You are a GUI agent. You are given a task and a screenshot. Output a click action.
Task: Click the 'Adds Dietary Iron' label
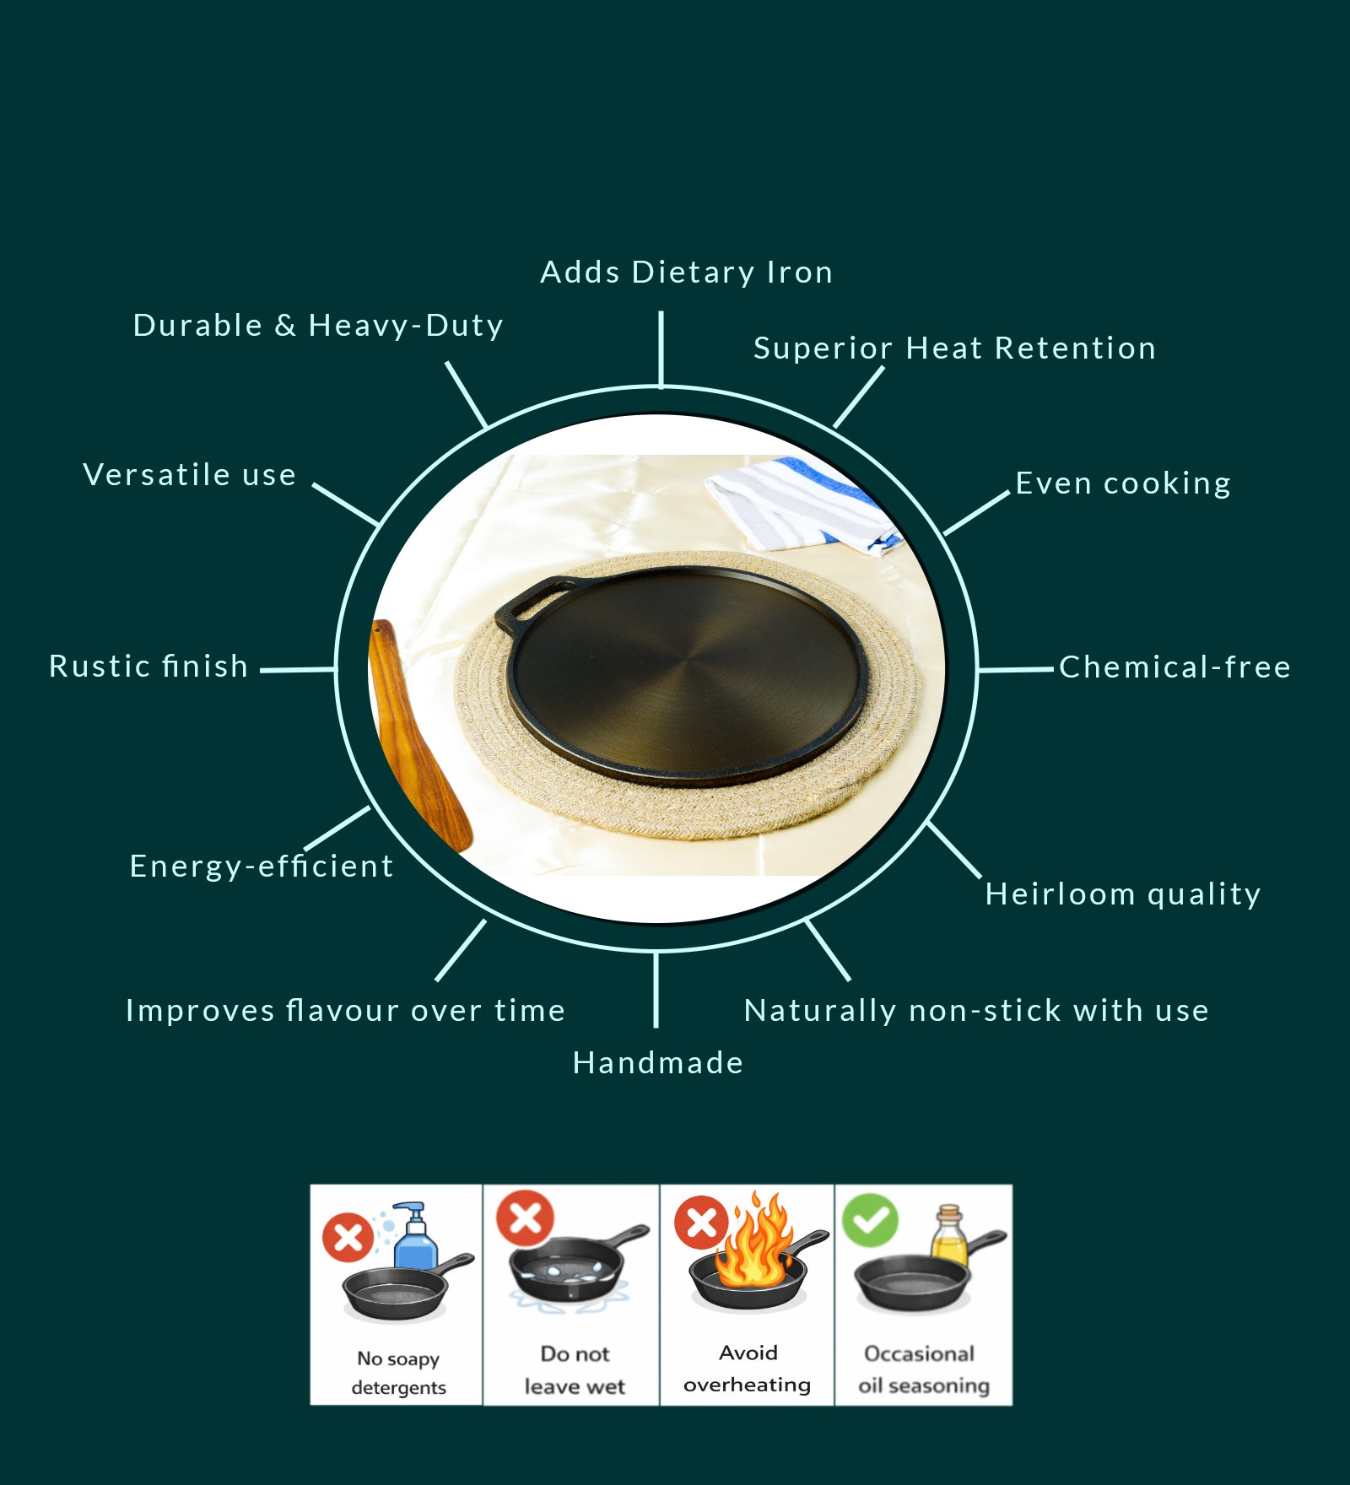coord(686,273)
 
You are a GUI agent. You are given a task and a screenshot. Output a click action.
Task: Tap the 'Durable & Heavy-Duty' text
coord(318,326)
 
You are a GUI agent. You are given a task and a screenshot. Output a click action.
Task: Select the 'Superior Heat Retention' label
coord(954,348)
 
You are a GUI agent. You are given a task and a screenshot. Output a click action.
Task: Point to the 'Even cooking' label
coord(1123,483)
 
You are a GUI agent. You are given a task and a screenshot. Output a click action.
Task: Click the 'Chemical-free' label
coord(1174,667)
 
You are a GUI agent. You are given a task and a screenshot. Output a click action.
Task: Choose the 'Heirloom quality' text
coord(1123,894)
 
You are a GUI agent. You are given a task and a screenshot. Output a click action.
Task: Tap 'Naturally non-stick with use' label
coord(976,1011)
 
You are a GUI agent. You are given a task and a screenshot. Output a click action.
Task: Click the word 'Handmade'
coord(658,1063)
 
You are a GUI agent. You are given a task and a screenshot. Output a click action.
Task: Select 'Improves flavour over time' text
coord(345,1011)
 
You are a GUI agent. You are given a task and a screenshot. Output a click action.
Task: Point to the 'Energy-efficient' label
coord(262,867)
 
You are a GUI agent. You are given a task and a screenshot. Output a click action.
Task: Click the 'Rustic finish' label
coord(148,667)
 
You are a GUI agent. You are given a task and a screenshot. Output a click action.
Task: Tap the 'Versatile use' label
coord(190,475)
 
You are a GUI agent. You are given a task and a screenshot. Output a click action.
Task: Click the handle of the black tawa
coord(530,600)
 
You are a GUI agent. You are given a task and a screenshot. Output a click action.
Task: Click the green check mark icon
coord(870,1220)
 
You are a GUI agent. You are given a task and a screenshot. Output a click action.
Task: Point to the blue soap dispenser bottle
coord(414,1238)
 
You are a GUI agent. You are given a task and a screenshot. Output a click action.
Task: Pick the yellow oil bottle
coord(949,1236)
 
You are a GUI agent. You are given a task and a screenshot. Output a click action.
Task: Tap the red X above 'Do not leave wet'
coord(525,1218)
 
